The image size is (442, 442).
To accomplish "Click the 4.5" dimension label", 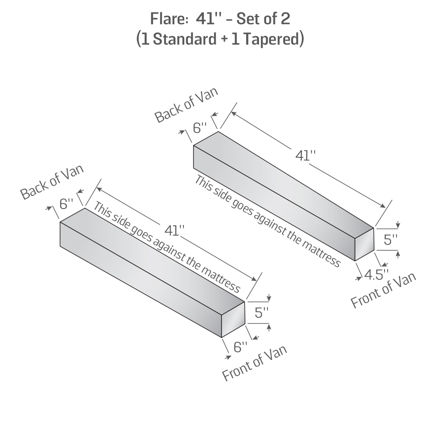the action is [x=376, y=275].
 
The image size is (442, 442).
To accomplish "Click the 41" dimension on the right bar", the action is [x=305, y=155].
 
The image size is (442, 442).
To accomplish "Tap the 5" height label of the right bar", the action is [x=390, y=240].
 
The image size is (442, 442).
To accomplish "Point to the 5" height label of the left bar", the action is [x=261, y=312].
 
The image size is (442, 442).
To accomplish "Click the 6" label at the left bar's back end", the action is [x=67, y=203].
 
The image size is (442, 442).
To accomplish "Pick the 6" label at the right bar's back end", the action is [x=200, y=128].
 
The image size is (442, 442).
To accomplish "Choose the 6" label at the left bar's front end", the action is [x=240, y=347].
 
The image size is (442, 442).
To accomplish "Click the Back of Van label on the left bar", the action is [x=52, y=182].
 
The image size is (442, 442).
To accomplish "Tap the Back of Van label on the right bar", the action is [x=187, y=105].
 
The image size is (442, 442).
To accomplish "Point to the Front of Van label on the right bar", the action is [x=383, y=290].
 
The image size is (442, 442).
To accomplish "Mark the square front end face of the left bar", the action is [x=233, y=320].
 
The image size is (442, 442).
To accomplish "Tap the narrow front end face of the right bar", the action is [x=364, y=244].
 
